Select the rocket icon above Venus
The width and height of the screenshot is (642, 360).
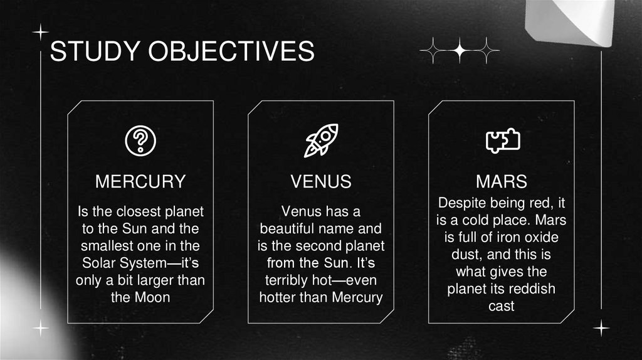[x=320, y=140]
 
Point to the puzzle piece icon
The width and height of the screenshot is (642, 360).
[x=503, y=140]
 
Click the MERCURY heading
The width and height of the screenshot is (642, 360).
[x=140, y=182]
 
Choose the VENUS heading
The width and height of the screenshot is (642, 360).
[x=321, y=182]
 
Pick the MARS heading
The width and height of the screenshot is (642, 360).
[x=501, y=182]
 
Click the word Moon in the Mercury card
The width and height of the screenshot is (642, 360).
[x=152, y=297]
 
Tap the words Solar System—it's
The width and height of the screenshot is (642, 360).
[x=140, y=262]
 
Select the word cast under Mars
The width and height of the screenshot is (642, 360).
[x=501, y=307]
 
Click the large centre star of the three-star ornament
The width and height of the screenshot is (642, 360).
[x=459, y=51]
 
